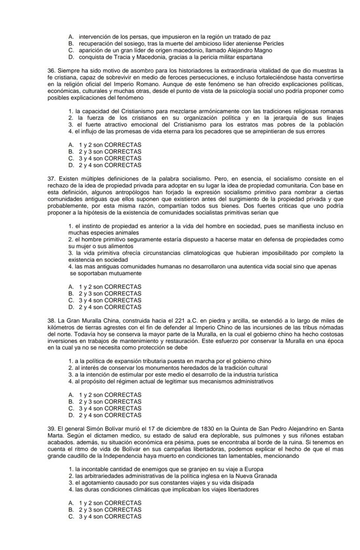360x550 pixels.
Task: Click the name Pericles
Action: (272, 44)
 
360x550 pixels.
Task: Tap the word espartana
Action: (249, 57)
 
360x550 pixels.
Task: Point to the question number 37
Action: (52, 179)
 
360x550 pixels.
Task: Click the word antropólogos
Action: (126, 192)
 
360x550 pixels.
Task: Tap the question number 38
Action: (52, 321)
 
